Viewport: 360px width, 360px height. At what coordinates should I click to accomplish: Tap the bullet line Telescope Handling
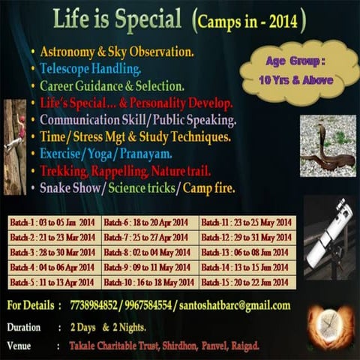point(91,68)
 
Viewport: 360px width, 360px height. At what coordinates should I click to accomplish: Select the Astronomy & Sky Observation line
point(117,52)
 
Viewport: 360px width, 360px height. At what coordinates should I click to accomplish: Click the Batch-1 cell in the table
point(53,223)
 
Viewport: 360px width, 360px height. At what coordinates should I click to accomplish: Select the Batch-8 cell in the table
point(148,253)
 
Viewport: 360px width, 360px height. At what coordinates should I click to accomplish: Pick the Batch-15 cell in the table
point(247,283)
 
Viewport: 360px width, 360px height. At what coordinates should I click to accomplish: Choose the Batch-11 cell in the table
point(247,223)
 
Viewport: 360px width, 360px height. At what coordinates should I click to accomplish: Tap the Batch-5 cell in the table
point(53,283)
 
